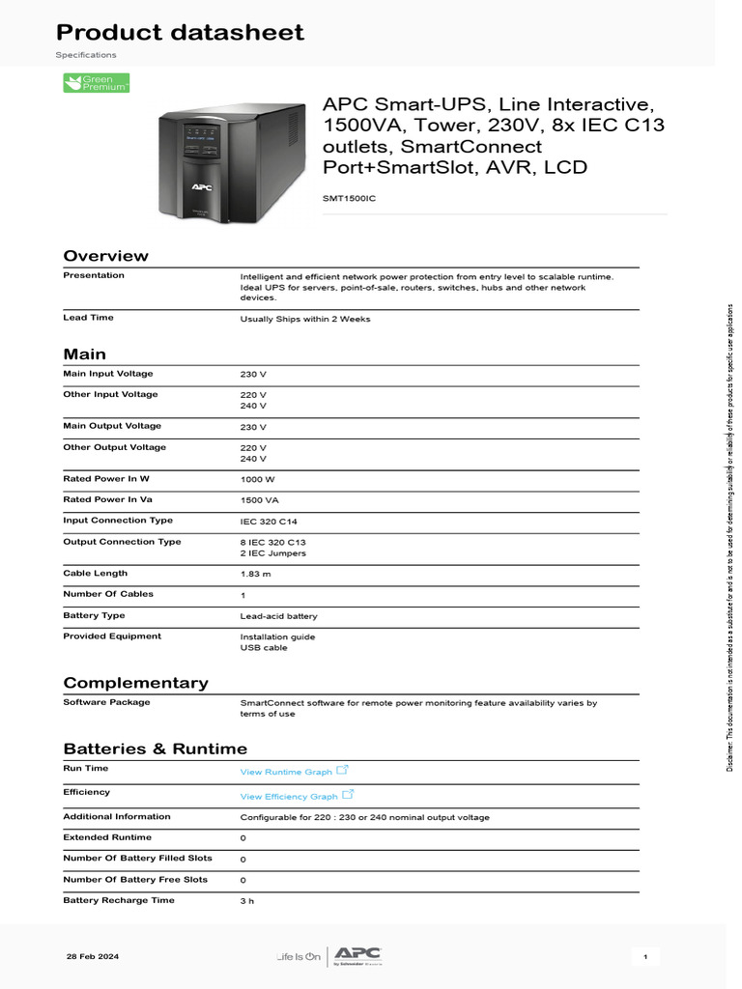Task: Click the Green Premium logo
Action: (x=96, y=83)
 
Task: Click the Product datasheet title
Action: (x=180, y=32)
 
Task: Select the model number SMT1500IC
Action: (x=349, y=198)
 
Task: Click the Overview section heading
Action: (x=105, y=256)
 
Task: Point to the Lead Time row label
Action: (x=89, y=318)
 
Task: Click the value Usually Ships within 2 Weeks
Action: (x=304, y=319)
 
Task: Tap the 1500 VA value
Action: (x=259, y=500)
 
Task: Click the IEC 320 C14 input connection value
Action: (x=270, y=522)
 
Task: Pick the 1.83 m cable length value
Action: (x=255, y=574)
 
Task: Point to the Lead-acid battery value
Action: (x=278, y=616)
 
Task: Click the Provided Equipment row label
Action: (x=112, y=636)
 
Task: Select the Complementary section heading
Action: (x=135, y=683)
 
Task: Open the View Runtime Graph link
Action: (x=286, y=772)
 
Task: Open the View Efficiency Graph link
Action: (x=289, y=796)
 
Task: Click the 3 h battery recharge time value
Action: (x=247, y=901)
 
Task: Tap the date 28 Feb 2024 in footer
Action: (x=93, y=956)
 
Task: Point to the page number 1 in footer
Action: (x=644, y=957)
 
